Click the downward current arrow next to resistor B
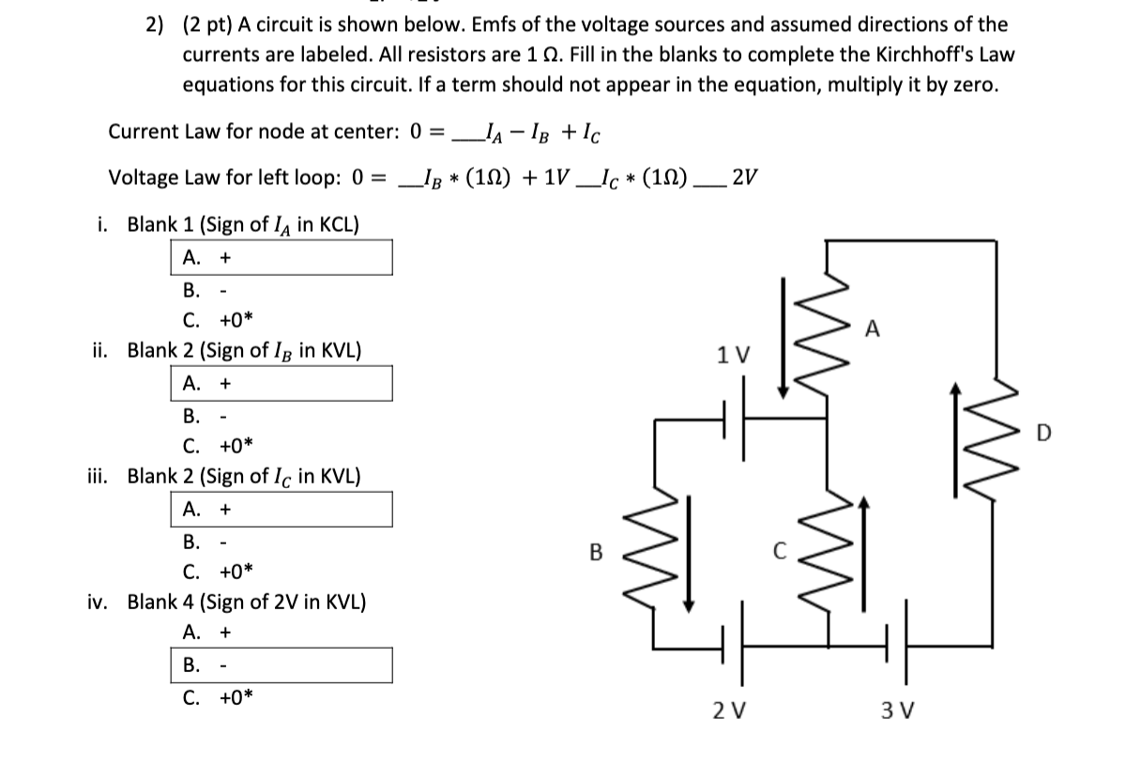coord(690,554)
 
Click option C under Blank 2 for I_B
coord(219,446)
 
